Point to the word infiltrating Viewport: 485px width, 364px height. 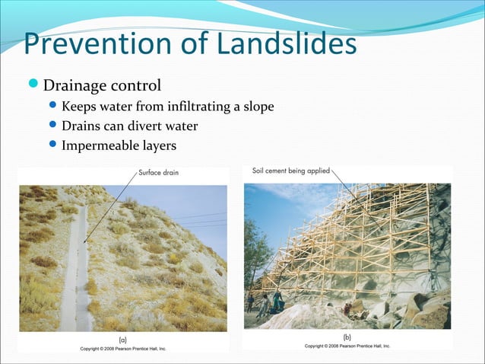(185, 106)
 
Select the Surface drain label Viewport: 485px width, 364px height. (159, 173)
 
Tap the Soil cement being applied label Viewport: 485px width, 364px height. (290, 171)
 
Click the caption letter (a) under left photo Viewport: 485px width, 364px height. (121, 339)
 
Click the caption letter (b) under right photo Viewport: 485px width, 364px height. (347, 336)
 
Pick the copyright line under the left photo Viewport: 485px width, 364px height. (122, 348)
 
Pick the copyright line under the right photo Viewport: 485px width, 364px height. (347, 346)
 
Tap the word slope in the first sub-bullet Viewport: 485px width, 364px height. (259, 106)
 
